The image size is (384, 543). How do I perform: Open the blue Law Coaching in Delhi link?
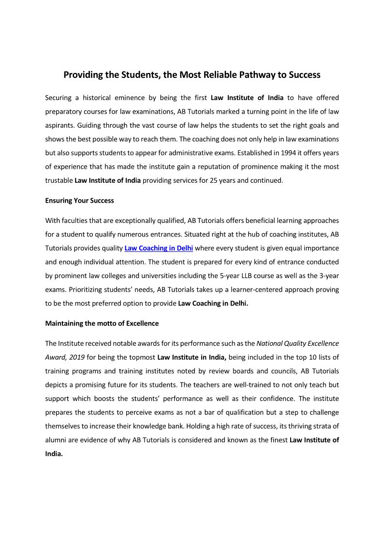(x=159, y=248)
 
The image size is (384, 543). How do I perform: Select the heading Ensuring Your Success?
(x=79, y=200)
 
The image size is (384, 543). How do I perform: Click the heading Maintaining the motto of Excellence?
(x=102, y=323)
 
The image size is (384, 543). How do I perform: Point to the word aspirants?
(x=59, y=125)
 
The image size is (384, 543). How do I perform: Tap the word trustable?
(x=59, y=180)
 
